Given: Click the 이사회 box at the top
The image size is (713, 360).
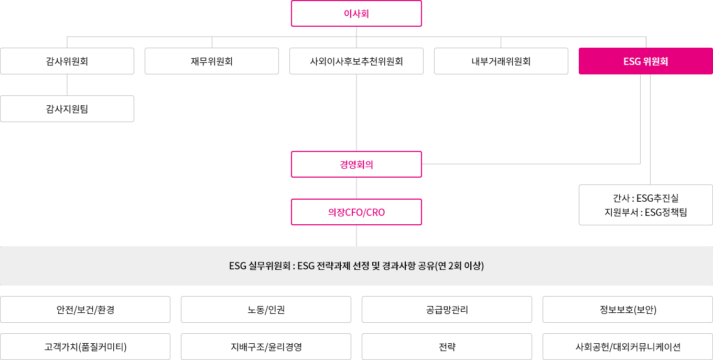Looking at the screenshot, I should (x=356, y=14).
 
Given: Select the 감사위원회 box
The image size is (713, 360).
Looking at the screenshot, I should (x=67, y=61).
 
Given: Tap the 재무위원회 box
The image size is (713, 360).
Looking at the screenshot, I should (x=212, y=61).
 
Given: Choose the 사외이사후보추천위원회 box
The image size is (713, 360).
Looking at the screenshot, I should (x=356, y=61).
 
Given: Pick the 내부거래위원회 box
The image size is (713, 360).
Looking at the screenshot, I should (x=501, y=61).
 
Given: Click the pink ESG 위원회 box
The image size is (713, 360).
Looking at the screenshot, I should (x=645, y=61).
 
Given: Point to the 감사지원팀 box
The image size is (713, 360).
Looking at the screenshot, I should (x=67, y=109).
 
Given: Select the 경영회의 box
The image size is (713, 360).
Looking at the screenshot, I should (x=356, y=165).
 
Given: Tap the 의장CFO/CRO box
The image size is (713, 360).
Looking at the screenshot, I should (x=356, y=212).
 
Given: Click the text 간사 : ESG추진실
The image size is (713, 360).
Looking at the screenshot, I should (x=645, y=199).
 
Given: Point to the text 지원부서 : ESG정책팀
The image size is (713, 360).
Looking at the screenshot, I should (x=645, y=212).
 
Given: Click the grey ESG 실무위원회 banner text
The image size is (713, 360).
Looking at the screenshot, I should (x=356, y=266).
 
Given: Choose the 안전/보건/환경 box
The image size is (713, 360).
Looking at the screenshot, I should (x=85, y=310).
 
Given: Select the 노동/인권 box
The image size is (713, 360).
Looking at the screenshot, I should (x=266, y=310).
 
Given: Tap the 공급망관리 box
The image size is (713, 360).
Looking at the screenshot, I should (x=447, y=310).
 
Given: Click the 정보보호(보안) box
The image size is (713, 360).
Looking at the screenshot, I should (x=628, y=310).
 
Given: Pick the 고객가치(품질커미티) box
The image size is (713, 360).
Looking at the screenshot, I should (x=85, y=347).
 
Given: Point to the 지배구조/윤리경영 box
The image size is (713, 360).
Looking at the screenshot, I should (x=266, y=347).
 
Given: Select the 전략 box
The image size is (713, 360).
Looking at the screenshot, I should (x=447, y=347).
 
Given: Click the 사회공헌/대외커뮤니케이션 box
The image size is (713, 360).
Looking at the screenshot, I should (x=628, y=347).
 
